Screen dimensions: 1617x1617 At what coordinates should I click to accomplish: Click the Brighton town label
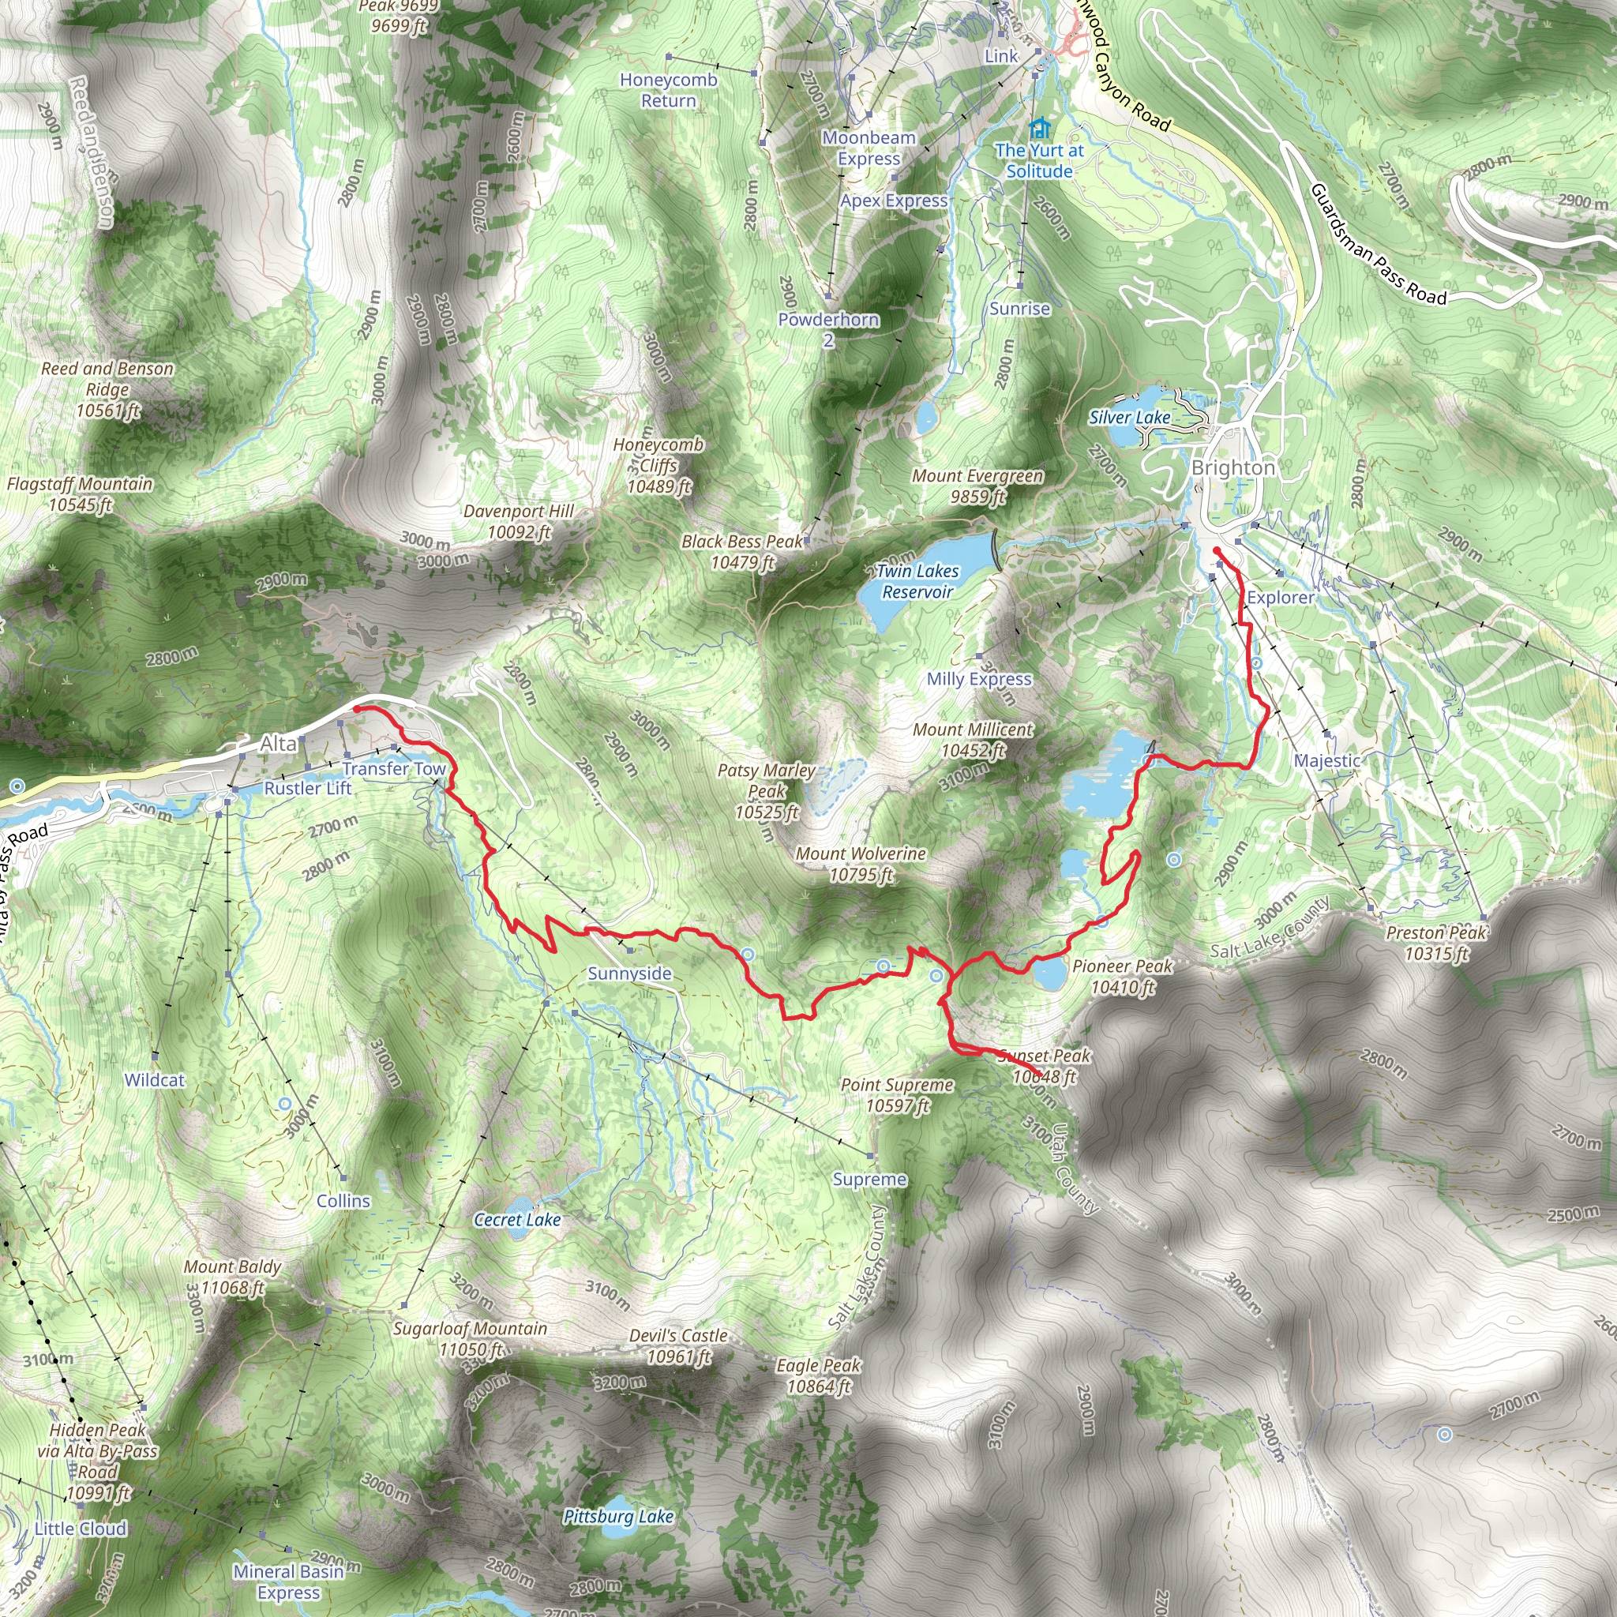click(x=1232, y=468)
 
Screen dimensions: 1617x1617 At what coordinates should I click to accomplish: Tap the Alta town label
click(x=278, y=743)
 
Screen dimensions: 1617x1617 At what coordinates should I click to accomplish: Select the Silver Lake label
click(x=1129, y=417)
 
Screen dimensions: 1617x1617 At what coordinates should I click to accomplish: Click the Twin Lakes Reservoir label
click(x=917, y=581)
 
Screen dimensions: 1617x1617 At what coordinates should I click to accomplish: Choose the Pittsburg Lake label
click(x=617, y=1516)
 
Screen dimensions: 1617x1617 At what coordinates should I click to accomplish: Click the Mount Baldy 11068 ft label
click(x=232, y=1277)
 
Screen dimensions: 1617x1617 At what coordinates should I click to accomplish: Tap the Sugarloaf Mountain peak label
click(x=471, y=1338)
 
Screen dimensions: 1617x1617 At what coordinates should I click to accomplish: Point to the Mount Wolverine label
click(x=861, y=864)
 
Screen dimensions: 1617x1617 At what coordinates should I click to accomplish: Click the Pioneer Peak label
click(x=1123, y=976)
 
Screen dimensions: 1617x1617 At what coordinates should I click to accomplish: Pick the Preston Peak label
click(x=1436, y=943)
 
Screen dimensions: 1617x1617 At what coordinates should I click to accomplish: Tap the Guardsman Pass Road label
click(x=1378, y=245)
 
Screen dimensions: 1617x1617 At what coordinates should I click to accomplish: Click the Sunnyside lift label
click(x=629, y=974)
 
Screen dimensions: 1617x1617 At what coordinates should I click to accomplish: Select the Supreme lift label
click(x=869, y=1180)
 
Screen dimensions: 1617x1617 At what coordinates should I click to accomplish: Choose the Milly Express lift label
click(x=978, y=679)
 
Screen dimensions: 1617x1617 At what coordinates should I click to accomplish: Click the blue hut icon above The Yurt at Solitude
click(x=1040, y=128)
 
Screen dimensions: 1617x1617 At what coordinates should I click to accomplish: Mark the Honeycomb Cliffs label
click(x=658, y=465)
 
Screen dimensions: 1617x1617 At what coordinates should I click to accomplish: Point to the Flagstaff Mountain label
click(x=81, y=493)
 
